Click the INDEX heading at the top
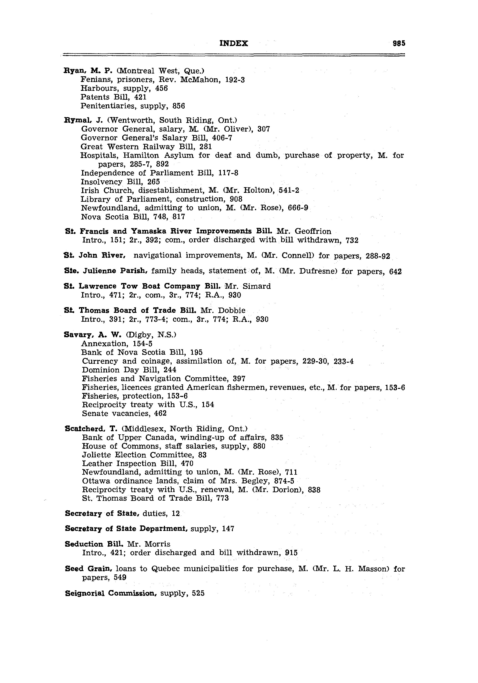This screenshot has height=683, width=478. [x=234, y=43]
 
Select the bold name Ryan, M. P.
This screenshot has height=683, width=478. [x=88, y=71]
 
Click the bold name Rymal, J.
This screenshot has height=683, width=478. [x=83, y=120]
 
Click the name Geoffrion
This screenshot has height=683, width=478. [x=313, y=232]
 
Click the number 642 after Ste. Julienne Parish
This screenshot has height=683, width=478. [x=395, y=272]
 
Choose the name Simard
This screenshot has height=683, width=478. [x=257, y=286]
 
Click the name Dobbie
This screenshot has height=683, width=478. [x=232, y=311]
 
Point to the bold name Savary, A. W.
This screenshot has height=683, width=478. [x=92, y=335]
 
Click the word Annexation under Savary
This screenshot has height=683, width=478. [x=104, y=344]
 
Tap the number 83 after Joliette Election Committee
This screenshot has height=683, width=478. [x=202, y=455]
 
